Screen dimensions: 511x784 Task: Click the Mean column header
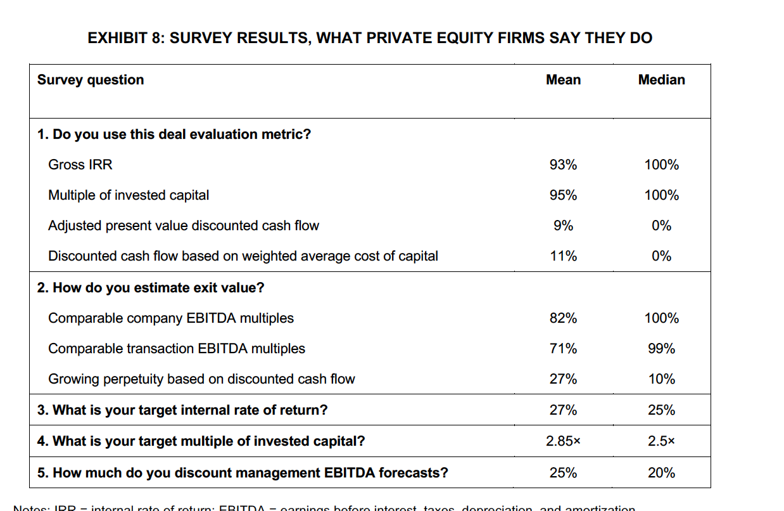click(563, 80)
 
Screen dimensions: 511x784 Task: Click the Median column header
click(661, 80)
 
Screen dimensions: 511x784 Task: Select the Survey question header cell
click(91, 80)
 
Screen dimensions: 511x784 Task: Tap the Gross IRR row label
click(80, 165)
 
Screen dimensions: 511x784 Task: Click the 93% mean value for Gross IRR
click(563, 165)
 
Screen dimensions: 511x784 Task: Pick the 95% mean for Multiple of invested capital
click(563, 195)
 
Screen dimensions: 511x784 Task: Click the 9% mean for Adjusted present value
click(563, 226)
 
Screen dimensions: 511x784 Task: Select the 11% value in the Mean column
click(563, 256)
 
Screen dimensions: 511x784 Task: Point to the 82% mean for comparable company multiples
click(563, 318)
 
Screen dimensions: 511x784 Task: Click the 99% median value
click(661, 349)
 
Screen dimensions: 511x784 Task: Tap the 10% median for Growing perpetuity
click(661, 379)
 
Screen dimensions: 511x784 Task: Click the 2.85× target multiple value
click(563, 441)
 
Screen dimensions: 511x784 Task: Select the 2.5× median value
click(661, 441)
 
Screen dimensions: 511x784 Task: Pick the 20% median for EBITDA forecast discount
click(661, 473)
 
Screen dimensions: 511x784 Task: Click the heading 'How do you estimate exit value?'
click(151, 288)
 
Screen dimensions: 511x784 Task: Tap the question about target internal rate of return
click(182, 410)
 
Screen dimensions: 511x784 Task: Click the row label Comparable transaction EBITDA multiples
click(177, 349)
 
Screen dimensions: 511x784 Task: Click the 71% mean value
click(563, 349)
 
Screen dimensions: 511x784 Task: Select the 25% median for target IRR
click(661, 410)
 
